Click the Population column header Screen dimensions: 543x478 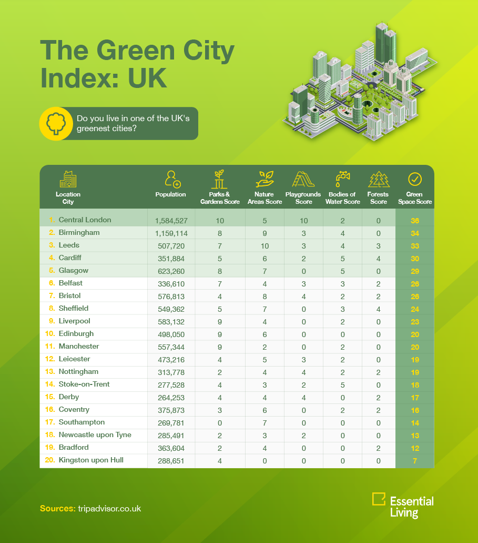(x=170, y=194)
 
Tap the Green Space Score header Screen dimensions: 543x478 (x=415, y=198)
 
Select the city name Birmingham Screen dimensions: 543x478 (x=79, y=232)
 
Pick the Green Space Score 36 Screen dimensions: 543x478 (x=415, y=221)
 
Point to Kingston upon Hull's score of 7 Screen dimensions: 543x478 (x=415, y=461)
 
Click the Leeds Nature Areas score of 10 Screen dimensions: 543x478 (x=265, y=245)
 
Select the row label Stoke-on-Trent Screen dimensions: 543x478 (x=84, y=384)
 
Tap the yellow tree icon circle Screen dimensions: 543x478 (x=55, y=124)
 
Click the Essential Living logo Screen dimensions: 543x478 (x=402, y=505)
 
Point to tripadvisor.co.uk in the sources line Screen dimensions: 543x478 (x=109, y=509)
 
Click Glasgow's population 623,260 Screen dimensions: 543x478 (x=170, y=271)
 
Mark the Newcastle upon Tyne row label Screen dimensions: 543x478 (x=95, y=435)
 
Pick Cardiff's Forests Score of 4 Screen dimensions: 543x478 (x=379, y=258)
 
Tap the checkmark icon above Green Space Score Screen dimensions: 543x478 (x=415, y=179)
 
